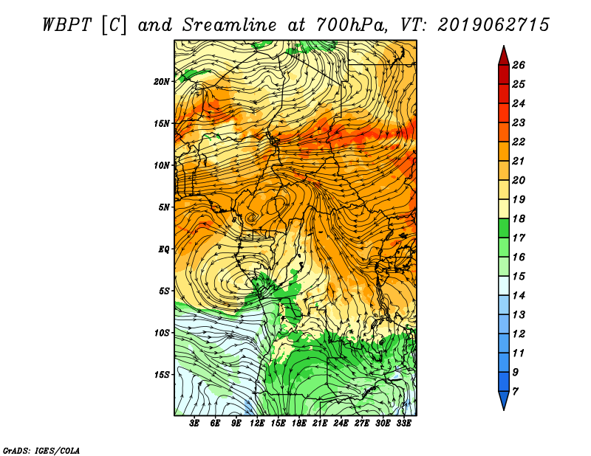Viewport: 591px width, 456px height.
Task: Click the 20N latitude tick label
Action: coord(162,82)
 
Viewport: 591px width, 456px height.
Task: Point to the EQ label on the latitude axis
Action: coord(164,249)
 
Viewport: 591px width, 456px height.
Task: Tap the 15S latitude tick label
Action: coord(162,375)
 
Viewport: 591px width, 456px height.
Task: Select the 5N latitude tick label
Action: coord(164,207)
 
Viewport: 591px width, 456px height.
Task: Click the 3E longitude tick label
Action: coord(194,424)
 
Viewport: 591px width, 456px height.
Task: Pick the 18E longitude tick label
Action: coord(298,424)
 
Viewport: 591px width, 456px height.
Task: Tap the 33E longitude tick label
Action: coord(403,424)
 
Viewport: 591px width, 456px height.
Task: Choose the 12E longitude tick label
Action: coord(256,424)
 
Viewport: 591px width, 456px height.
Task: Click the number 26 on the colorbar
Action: coord(519,65)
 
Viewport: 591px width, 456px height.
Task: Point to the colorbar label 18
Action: coord(519,218)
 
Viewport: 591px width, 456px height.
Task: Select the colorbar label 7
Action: coord(515,392)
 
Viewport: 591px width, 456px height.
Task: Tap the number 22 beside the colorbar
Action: coord(519,142)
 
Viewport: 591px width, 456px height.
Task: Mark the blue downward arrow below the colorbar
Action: coord(504,400)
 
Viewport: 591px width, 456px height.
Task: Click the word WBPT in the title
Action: coord(66,25)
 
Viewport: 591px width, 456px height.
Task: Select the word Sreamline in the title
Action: coord(230,25)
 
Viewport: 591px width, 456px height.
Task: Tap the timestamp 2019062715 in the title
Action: coord(493,25)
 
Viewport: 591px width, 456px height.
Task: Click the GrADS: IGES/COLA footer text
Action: coord(41,451)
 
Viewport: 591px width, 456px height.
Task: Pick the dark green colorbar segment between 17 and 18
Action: coord(504,228)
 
